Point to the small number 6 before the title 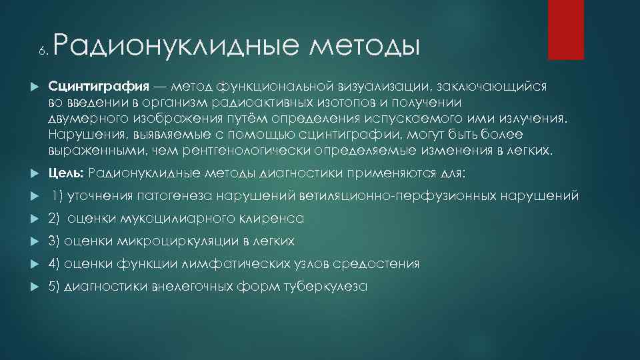coord(41,51)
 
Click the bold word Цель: coord(65,174)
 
